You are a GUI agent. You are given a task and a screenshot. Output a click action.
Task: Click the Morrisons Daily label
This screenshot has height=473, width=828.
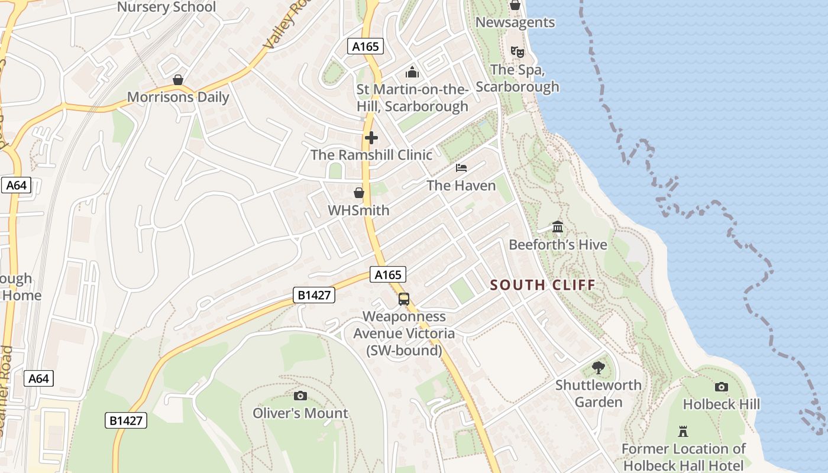tap(178, 97)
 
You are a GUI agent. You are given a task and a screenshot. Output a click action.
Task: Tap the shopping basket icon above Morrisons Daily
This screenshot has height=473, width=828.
tap(177, 80)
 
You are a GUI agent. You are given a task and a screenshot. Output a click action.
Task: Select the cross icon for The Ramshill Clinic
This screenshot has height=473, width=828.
tap(371, 138)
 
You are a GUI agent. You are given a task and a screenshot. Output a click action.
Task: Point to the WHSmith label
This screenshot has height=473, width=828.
tap(359, 210)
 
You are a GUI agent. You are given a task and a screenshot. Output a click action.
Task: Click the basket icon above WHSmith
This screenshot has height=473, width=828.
tap(359, 193)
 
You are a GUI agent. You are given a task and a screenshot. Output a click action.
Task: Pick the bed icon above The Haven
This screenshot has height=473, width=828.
tap(461, 168)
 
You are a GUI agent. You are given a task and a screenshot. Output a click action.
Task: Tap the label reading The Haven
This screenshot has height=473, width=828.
tap(461, 186)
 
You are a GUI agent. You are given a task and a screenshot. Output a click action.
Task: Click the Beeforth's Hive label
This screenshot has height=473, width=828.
tap(558, 244)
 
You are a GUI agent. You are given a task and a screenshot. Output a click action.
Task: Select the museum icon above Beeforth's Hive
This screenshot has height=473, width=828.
tap(558, 227)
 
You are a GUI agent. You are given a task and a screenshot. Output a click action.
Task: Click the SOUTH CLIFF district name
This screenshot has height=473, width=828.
tap(543, 285)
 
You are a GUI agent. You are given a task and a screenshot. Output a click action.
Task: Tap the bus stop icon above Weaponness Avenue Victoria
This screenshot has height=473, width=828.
tap(404, 299)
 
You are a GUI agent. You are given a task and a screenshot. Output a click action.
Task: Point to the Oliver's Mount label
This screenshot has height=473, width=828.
tap(300, 413)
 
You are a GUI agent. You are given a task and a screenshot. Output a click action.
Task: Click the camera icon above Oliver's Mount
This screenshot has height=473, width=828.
tap(300, 396)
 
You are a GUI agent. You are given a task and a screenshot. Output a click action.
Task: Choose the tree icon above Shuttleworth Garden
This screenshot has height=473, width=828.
tap(599, 368)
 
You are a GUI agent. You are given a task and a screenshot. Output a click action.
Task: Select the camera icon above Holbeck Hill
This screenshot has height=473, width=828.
tap(722, 387)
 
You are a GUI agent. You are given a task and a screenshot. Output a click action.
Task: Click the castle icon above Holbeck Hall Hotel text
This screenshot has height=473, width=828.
tap(683, 431)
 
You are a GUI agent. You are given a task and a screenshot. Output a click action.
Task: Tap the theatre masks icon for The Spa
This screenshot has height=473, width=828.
tap(517, 52)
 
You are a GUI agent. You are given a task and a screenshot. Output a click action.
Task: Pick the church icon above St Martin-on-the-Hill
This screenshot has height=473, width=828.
tap(412, 72)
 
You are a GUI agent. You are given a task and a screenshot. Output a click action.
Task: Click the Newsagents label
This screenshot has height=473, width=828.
tap(515, 22)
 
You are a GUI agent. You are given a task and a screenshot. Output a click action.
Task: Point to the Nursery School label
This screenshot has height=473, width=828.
tap(167, 7)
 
